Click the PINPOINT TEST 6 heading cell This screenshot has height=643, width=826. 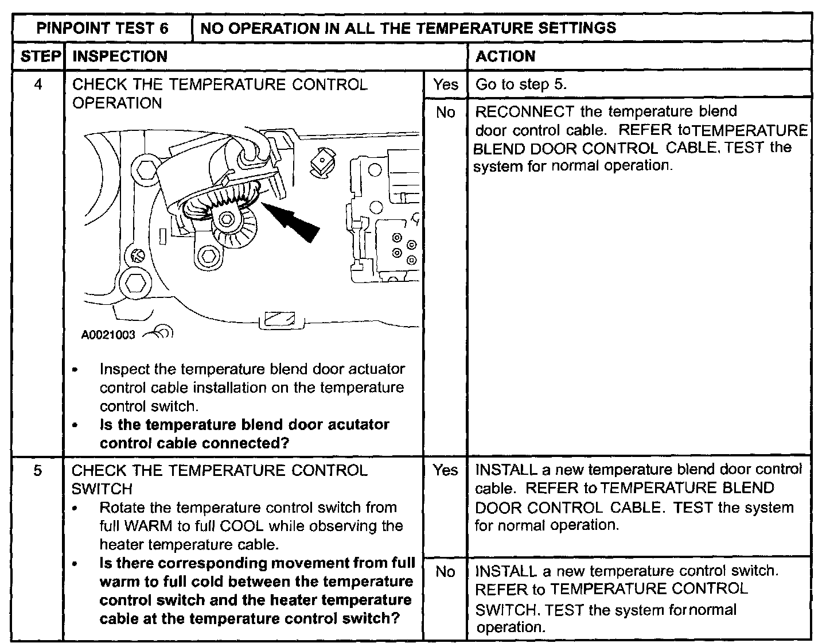pos(102,28)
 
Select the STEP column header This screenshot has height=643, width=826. pos(38,56)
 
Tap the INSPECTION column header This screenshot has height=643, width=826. pos(120,56)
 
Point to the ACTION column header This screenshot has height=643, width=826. pos(505,56)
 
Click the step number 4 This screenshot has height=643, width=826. pos(38,84)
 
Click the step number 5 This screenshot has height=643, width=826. pos(38,471)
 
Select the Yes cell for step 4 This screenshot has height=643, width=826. pos(445,84)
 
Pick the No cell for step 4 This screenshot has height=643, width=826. pos(445,113)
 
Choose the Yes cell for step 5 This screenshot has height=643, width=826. pos(445,470)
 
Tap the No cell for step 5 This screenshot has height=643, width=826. pos(445,572)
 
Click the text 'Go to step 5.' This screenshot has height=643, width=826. pos(521,84)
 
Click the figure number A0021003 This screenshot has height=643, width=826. pos(108,335)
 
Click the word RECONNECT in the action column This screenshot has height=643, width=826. pos(525,111)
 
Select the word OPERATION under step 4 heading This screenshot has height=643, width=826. pos(117,103)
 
